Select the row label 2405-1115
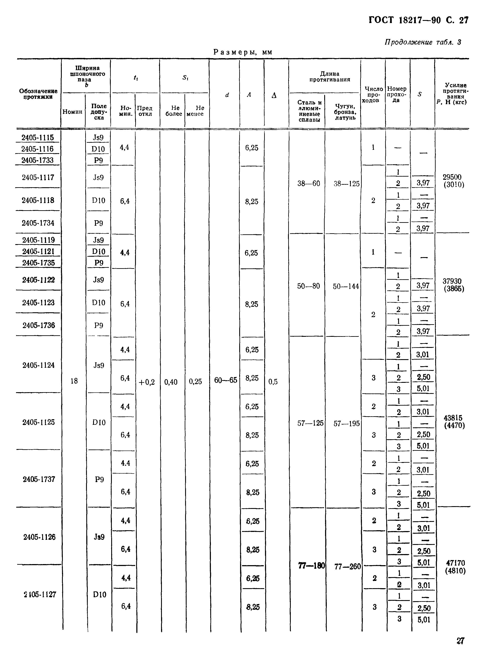point(37,137)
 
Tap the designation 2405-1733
point(37,160)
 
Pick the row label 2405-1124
point(38,365)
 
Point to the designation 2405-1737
point(39,479)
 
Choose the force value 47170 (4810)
point(455,567)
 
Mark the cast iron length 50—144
point(346,286)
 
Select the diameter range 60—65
point(225,380)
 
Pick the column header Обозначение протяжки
point(38,94)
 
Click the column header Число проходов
point(374,95)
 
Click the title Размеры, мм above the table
point(243,52)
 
